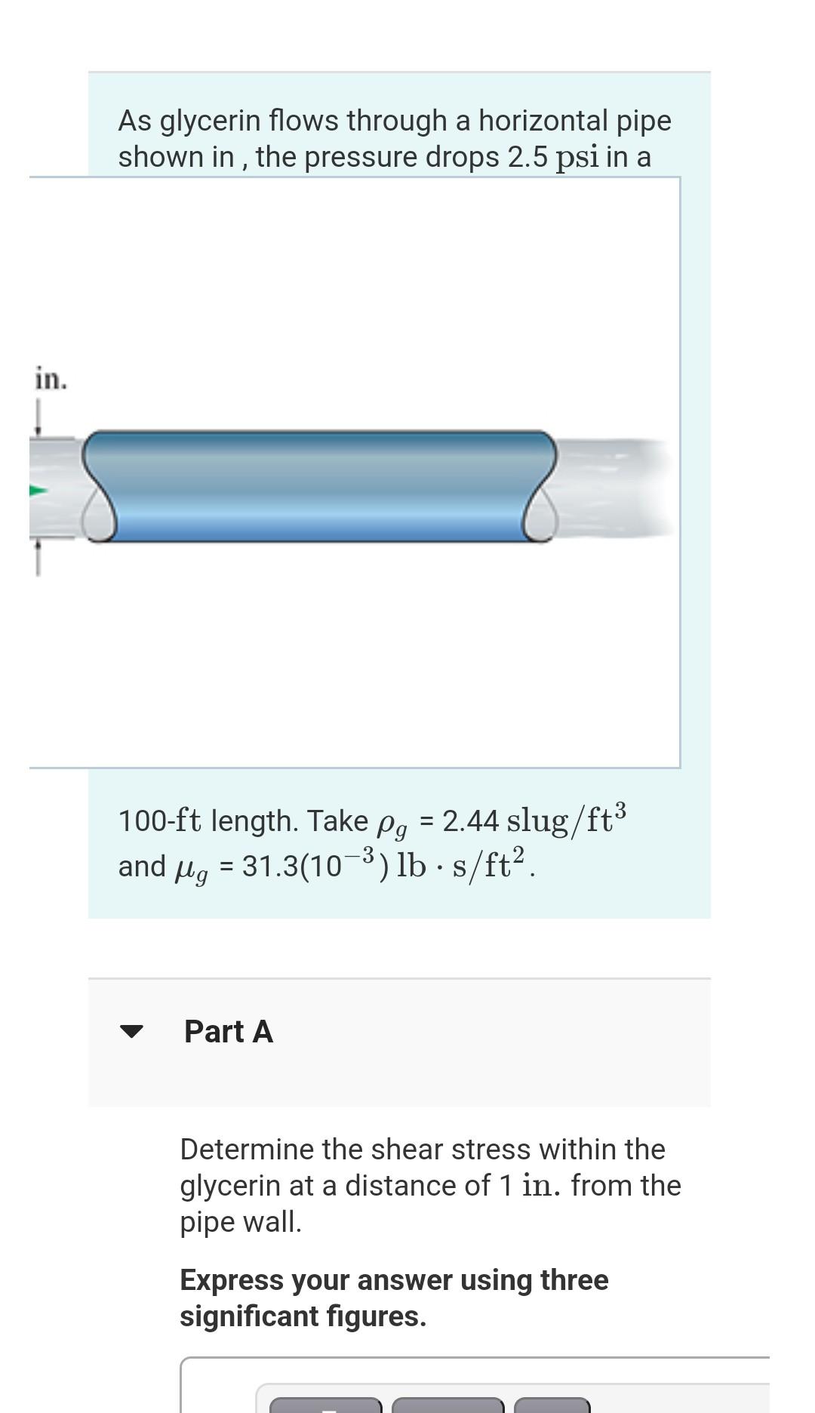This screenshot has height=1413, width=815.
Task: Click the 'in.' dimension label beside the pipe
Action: pyautogui.click(x=51, y=379)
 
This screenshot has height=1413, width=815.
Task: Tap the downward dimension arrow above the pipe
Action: pyautogui.click(x=38, y=420)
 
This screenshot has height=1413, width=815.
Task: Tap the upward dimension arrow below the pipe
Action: pyautogui.click(x=38, y=559)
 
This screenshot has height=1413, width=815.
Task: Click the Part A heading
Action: pyautogui.click(x=228, y=1031)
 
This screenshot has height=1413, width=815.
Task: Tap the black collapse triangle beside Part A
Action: pyautogui.click(x=131, y=1031)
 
